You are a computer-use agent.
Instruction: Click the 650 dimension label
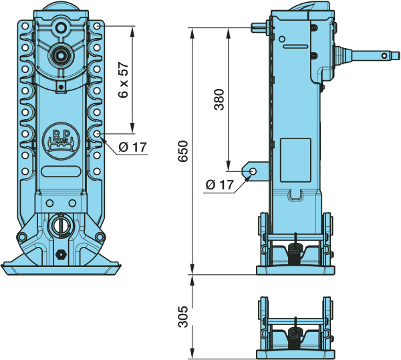click(183, 151)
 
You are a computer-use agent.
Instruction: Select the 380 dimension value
click(219, 100)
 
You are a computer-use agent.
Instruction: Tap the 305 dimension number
click(183, 317)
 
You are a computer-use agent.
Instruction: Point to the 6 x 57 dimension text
click(124, 80)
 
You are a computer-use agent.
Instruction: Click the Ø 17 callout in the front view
click(133, 147)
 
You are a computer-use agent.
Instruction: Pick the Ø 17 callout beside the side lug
click(220, 185)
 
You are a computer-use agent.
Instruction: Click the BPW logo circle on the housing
click(61, 141)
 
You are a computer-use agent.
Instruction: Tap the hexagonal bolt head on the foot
click(61, 254)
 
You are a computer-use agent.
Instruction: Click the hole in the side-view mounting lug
click(253, 171)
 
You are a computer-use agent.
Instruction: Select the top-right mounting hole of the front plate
click(97, 26)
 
